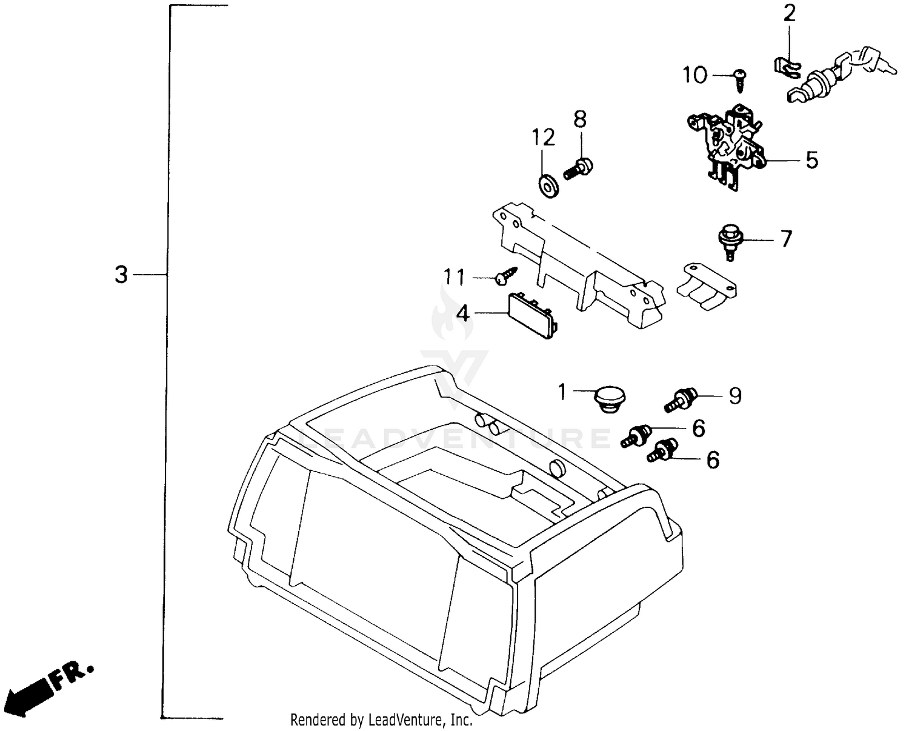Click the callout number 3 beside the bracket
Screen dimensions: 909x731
[122, 275]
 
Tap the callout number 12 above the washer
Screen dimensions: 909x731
[544, 138]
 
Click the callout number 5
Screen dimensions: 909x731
[811, 161]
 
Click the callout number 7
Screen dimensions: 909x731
[786, 239]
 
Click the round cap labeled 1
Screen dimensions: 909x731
[607, 401]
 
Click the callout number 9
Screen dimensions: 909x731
[734, 396]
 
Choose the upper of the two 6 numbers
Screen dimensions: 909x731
[699, 429]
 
